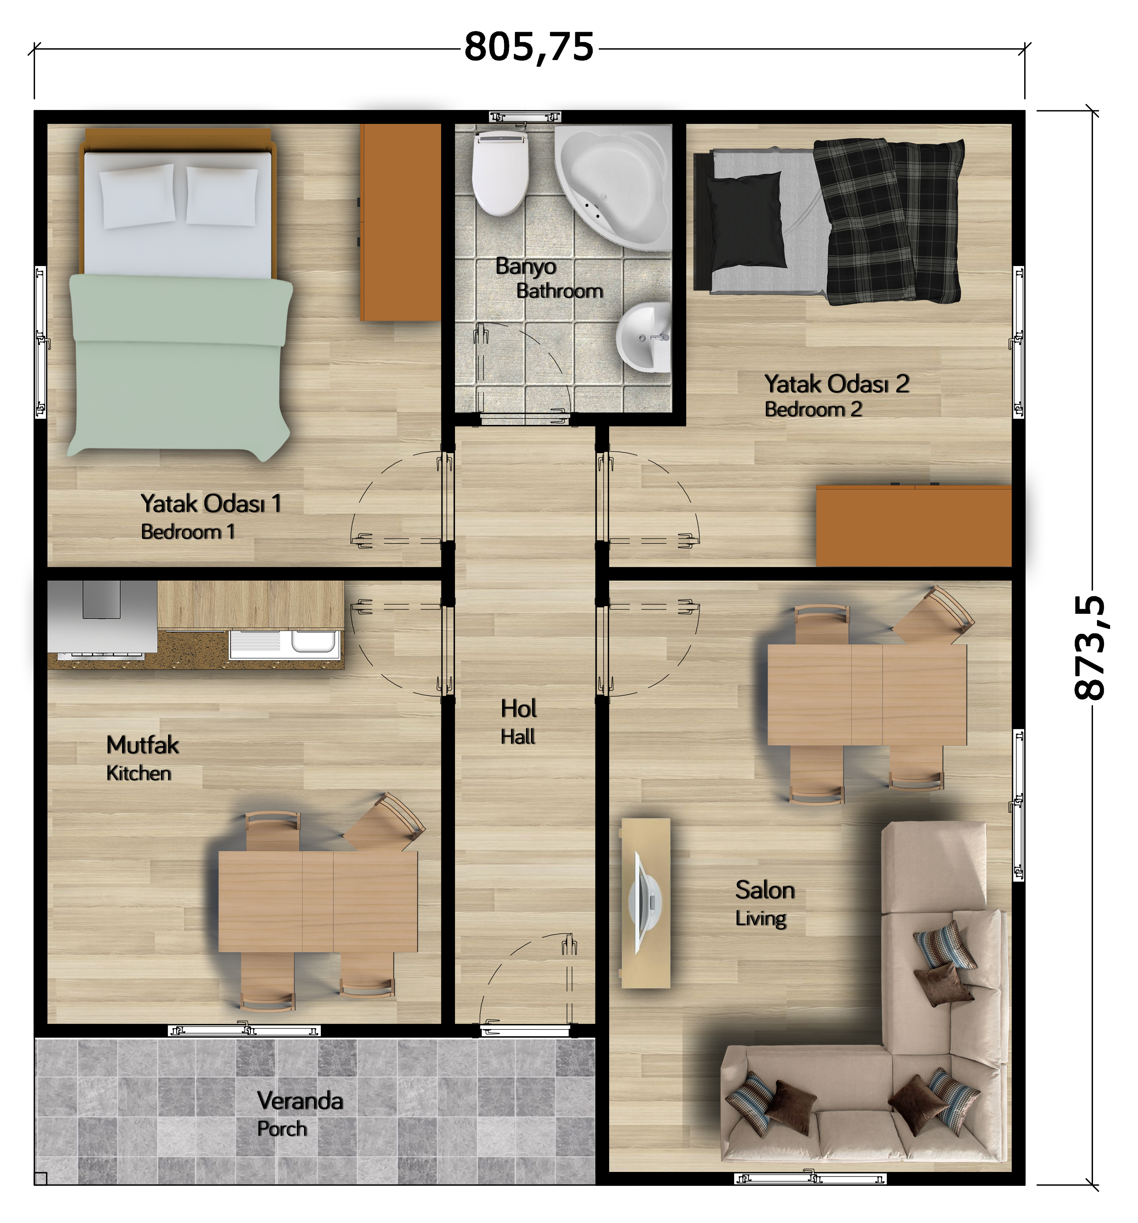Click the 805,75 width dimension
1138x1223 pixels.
pos(529,47)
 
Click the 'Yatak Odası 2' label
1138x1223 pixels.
pos(836,384)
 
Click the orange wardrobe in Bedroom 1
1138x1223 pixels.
pos(400,222)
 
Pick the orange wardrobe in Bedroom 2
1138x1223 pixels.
pos(914,525)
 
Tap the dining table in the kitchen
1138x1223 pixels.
pos(318,901)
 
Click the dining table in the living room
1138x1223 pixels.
pos(867,695)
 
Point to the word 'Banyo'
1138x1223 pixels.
pos(526,266)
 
